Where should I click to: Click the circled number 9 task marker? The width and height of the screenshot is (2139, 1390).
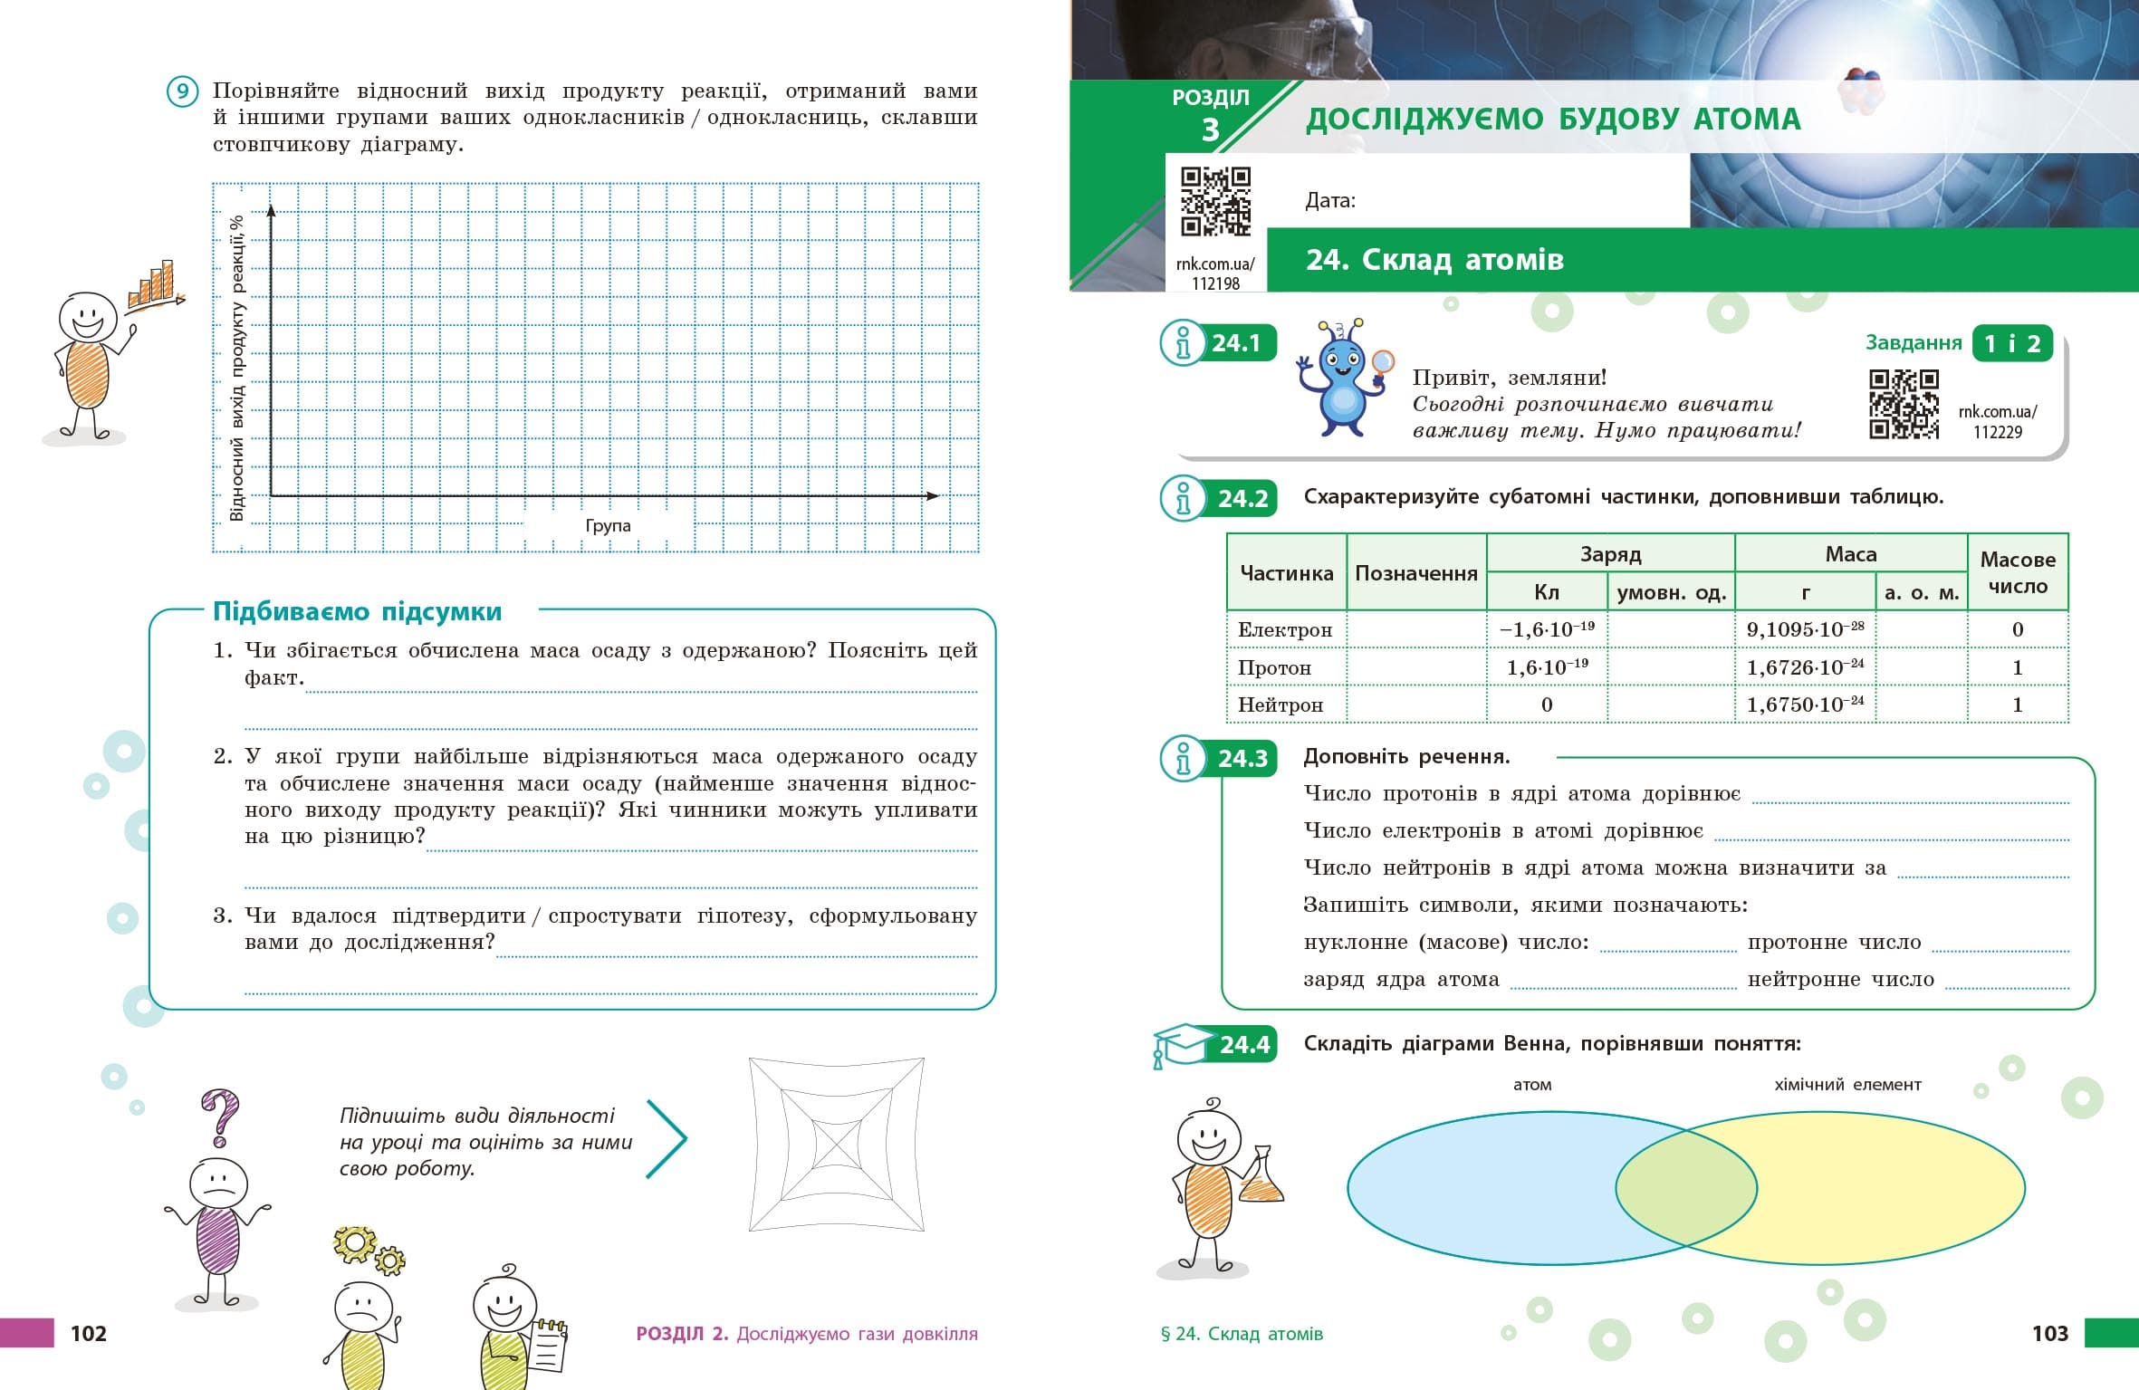point(182,92)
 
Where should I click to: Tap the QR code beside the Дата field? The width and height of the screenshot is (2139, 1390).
point(1215,201)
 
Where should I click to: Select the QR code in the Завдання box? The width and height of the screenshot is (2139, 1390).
point(1904,404)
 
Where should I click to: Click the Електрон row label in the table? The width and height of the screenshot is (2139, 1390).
point(1285,630)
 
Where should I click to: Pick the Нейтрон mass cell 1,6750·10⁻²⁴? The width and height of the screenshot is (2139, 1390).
point(1804,705)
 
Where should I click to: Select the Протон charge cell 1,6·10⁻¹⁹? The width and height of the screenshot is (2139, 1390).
point(1547,667)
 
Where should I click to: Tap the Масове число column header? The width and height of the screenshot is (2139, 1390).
point(2017,572)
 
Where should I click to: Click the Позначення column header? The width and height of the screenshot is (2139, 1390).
point(1415,573)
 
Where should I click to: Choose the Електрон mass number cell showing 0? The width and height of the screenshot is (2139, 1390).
point(2017,630)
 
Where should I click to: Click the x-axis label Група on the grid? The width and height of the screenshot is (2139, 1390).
point(608,526)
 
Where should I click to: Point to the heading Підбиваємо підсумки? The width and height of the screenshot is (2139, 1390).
point(357,612)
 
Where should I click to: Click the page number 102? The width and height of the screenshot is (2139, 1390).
point(88,1333)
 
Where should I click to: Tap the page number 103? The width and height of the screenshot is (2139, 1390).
point(2049,1333)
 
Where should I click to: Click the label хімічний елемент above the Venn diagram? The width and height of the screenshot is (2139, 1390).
point(1847,1085)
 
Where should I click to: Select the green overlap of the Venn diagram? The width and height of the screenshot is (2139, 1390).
point(1686,1188)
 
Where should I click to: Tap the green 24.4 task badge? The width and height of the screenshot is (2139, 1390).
point(1243,1045)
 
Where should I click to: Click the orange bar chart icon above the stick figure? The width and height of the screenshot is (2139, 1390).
point(152,284)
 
